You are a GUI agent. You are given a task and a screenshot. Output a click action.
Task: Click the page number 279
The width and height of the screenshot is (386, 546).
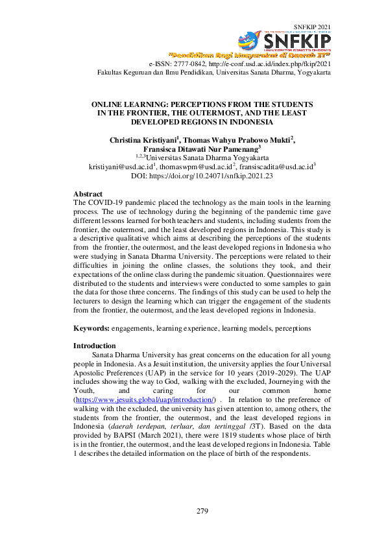pos(202,512)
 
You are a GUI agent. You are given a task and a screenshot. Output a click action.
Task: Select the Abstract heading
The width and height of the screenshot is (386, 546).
pos(88,194)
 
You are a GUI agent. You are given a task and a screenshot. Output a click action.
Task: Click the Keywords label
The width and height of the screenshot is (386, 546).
pos(91,329)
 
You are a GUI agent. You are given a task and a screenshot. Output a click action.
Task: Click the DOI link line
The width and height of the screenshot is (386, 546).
pos(202,175)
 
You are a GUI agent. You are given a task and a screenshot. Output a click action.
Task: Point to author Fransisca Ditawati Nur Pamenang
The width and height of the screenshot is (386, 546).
pos(200,148)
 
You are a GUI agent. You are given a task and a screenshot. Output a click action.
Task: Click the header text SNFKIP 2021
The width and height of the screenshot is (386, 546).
pos(313,27)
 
